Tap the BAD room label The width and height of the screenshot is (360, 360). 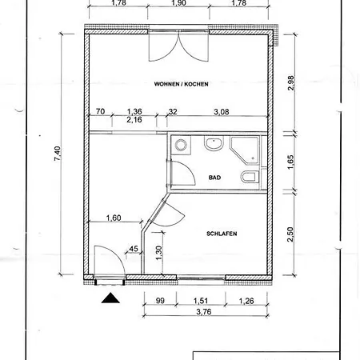tap(214, 178)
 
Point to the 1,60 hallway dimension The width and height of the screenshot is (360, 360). tap(113, 218)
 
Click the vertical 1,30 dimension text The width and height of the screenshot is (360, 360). tap(158, 250)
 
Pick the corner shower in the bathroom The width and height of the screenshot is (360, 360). tap(244, 149)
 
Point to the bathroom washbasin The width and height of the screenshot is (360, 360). tap(214, 145)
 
